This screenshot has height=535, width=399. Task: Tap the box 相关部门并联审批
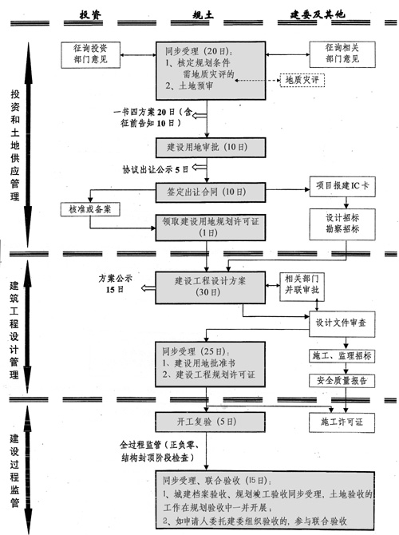point(300,287)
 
